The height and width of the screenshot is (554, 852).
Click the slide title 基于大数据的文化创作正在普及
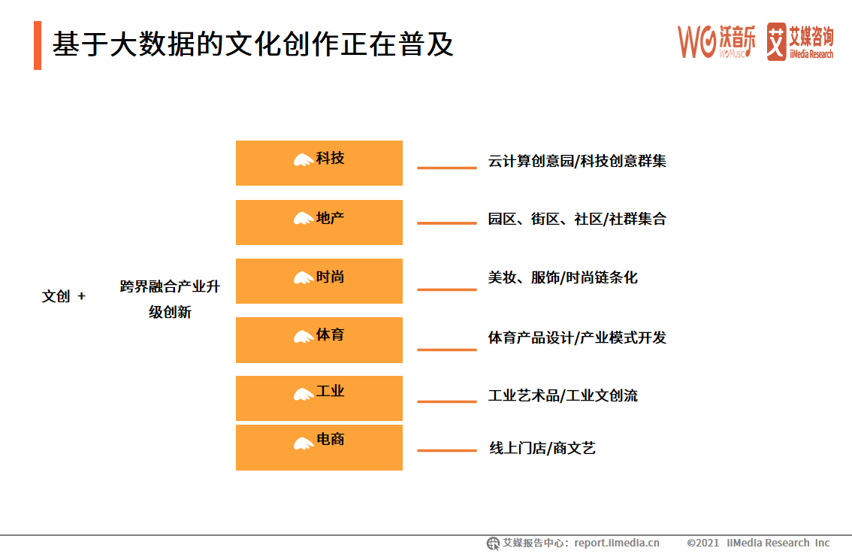(252, 44)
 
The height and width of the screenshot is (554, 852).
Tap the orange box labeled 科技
(319, 162)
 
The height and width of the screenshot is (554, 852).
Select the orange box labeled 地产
(319, 222)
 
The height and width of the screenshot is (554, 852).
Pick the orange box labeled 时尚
(319, 280)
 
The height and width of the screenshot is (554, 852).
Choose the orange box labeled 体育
(319, 340)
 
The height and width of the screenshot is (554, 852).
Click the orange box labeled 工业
(319, 398)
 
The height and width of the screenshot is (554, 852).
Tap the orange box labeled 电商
(319, 447)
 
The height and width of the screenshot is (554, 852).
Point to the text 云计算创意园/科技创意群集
(577, 161)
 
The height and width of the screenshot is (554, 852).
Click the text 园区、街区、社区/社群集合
(577, 219)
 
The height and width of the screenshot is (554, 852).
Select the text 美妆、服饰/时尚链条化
(563, 277)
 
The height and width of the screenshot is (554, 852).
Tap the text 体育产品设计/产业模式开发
(577, 338)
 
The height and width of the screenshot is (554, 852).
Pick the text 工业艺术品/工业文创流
(563, 395)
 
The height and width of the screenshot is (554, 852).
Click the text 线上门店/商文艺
(542, 449)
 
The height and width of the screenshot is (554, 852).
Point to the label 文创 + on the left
(64, 297)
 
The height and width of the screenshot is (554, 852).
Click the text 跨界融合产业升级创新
(170, 299)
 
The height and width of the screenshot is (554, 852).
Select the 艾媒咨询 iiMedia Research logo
(800, 41)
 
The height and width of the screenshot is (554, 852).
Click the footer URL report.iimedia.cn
(617, 543)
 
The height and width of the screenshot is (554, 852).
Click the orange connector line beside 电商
(446, 450)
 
